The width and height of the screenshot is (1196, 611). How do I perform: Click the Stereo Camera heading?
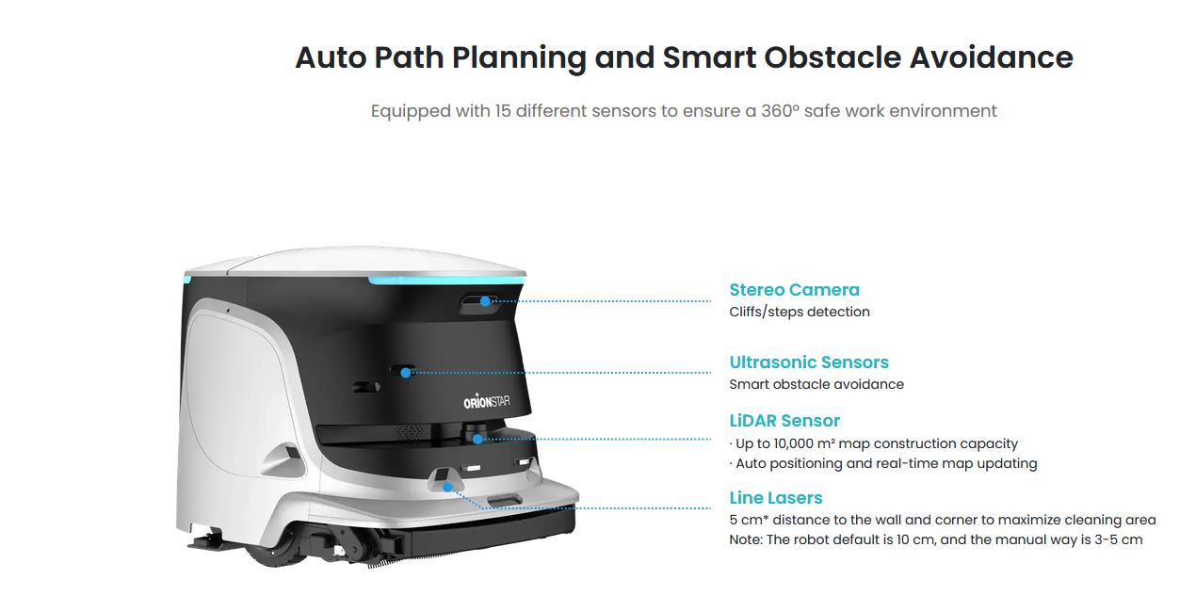point(794,290)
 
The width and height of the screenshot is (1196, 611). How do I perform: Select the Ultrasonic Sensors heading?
point(809,362)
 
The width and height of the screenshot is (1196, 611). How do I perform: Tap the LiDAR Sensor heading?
point(784,421)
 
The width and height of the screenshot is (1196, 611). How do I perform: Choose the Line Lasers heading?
point(775,498)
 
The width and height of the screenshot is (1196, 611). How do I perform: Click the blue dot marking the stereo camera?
point(485,301)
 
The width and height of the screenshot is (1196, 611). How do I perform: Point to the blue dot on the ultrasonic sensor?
point(406,373)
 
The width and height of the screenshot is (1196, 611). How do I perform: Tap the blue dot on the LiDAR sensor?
point(477,439)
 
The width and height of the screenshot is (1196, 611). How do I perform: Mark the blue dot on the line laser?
point(447,487)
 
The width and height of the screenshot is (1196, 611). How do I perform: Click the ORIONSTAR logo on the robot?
point(487,401)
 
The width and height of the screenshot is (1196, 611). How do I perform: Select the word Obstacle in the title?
point(832,57)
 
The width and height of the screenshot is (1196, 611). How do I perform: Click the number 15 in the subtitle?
point(503,111)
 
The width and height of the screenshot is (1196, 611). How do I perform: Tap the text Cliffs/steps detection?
point(800,312)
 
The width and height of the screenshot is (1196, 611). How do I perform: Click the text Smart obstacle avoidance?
point(816,384)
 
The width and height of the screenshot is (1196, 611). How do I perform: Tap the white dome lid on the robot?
point(355,263)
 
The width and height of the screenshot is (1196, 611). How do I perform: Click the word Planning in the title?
point(519,58)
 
